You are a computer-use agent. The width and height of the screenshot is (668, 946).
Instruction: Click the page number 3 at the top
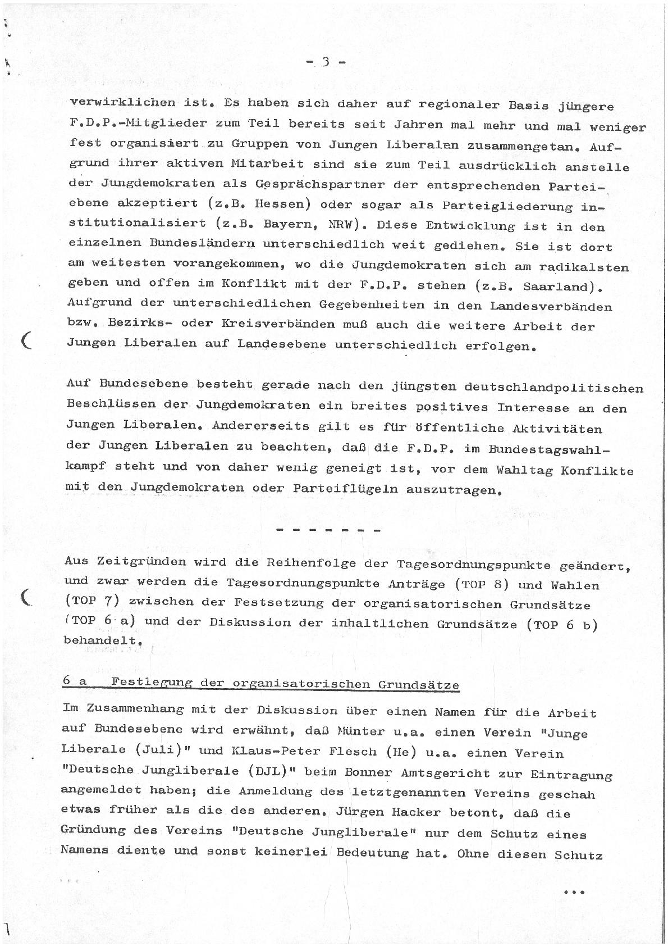(x=326, y=62)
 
